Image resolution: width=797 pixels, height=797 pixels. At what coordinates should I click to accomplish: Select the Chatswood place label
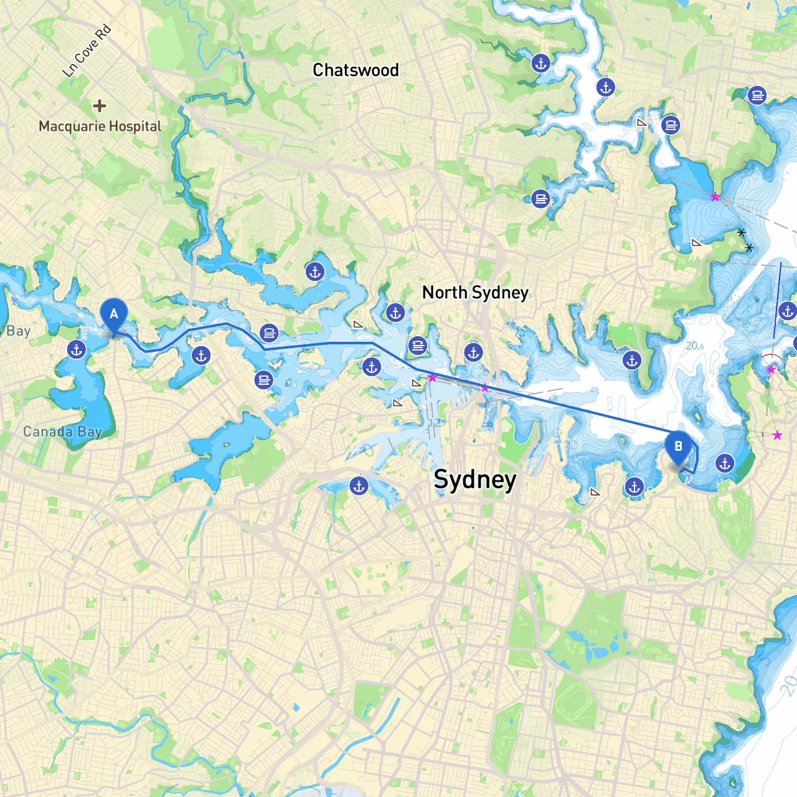coord(356,70)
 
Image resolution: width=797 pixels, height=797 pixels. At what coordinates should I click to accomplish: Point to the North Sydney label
coord(475,293)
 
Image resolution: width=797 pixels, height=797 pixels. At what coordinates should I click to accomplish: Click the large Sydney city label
coord(474,480)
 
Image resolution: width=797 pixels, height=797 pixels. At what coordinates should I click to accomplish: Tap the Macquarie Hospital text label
coord(100,126)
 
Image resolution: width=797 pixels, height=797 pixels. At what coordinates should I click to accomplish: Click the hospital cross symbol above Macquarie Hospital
coord(99,106)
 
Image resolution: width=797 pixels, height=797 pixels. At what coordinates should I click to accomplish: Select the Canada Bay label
coord(62,432)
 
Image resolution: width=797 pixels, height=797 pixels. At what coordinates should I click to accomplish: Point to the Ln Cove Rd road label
coord(87,51)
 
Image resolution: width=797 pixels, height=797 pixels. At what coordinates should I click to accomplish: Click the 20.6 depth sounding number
coord(694,346)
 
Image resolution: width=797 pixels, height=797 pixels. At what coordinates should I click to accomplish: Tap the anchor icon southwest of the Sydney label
coord(359,486)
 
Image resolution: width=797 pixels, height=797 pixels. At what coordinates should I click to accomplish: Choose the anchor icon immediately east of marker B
coord(725,463)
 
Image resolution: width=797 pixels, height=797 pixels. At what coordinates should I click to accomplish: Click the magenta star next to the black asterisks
coord(715,197)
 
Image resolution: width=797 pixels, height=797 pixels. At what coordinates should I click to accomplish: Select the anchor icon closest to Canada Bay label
coord(77,350)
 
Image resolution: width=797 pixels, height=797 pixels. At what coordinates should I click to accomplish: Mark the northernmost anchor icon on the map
coord(540,63)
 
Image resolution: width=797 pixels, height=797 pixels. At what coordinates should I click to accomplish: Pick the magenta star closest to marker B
coord(777,435)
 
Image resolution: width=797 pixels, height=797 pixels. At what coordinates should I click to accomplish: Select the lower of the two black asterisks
coord(749,248)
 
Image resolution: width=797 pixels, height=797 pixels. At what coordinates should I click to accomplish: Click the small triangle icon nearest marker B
coord(595,492)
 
